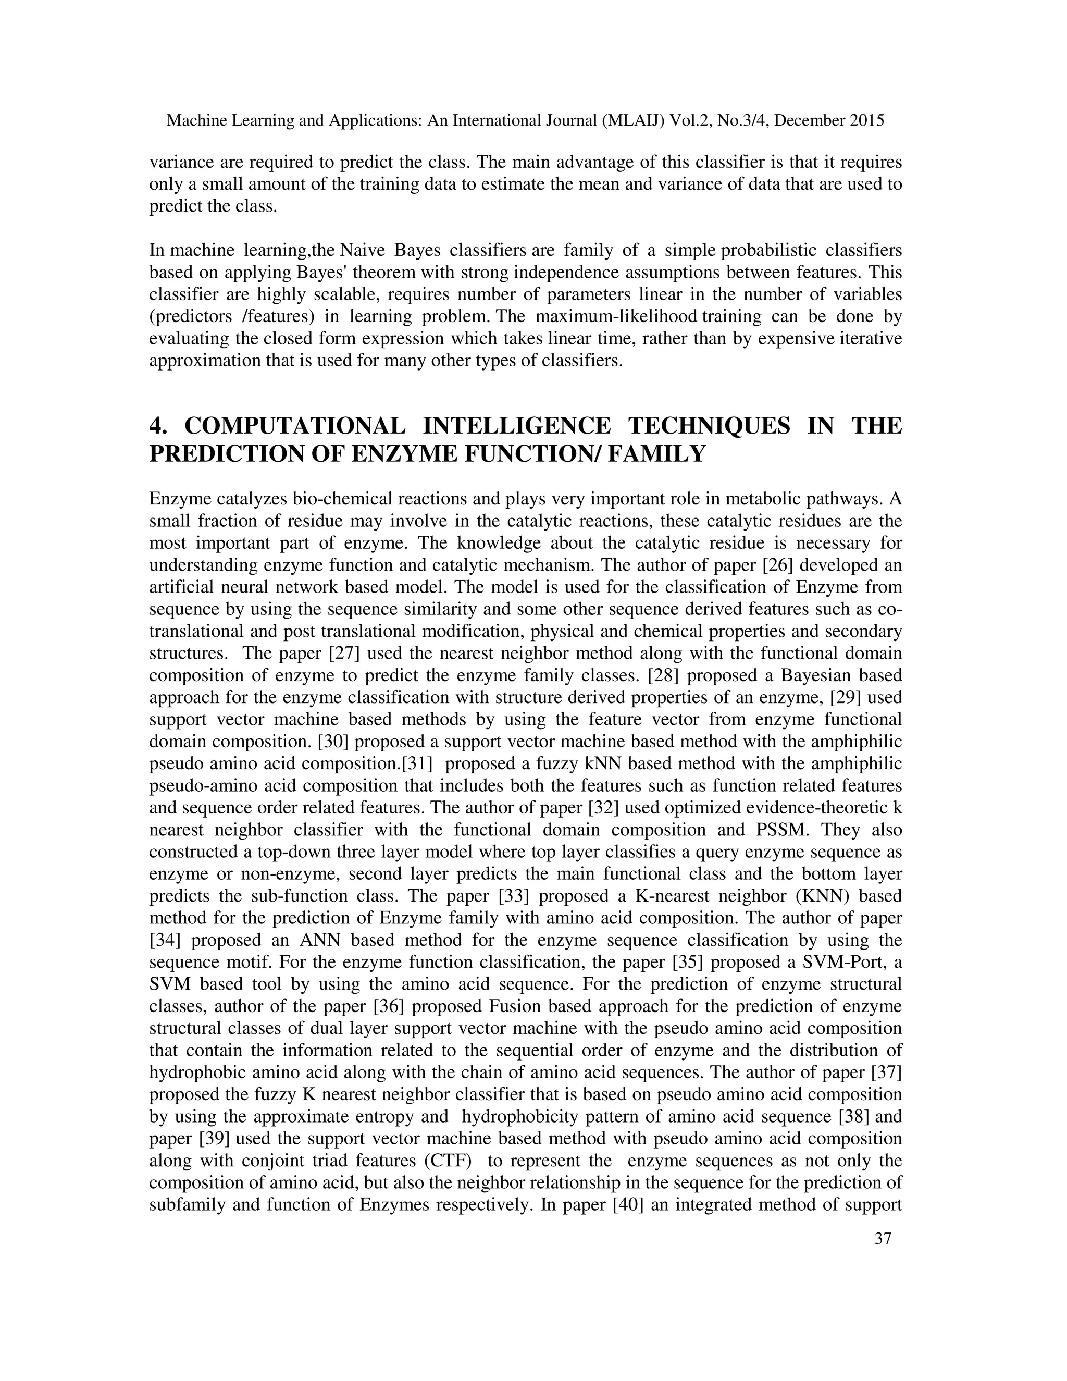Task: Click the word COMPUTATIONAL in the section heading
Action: click(x=294, y=426)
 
